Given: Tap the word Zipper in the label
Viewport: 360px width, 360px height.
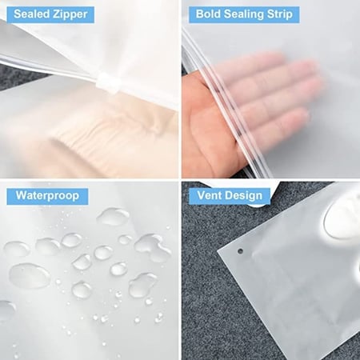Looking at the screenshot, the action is click(70, 15).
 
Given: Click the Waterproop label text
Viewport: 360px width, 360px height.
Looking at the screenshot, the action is click(47, 196).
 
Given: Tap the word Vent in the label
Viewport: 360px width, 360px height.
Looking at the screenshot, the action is click(209, 195).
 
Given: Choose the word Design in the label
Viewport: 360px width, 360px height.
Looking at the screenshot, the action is click(243, 196).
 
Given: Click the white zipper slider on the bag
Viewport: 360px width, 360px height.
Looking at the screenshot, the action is click(107, 82).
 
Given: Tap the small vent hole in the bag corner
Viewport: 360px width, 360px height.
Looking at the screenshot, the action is click(240, 251).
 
